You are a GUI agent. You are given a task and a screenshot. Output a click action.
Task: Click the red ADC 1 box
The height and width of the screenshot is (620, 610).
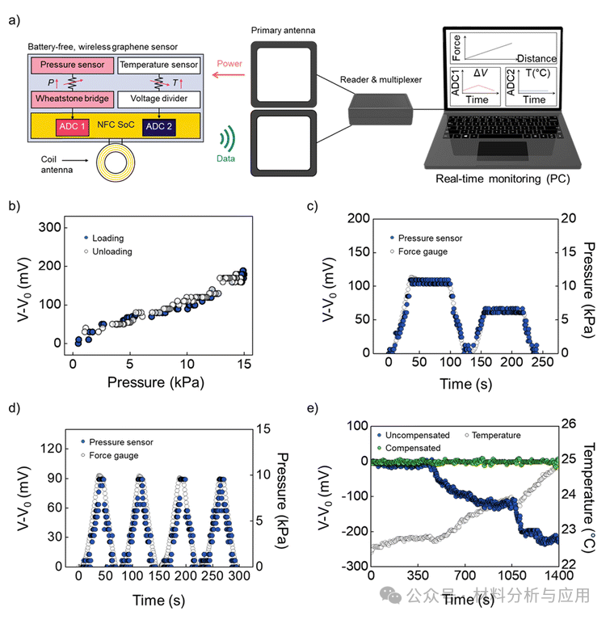[x=73, y=127]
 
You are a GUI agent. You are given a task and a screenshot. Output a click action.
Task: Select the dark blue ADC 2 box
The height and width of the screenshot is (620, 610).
[x=159, y=127]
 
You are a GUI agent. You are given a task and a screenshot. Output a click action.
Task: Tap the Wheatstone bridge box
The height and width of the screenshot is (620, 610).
[x=73, y=99]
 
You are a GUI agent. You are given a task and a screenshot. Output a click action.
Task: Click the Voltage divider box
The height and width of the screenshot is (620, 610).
[x=159, y=99]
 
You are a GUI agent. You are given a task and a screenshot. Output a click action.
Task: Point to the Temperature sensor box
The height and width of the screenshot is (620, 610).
[x=159, y=65]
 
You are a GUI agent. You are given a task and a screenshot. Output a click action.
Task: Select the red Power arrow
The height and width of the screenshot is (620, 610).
[x=228, y=74]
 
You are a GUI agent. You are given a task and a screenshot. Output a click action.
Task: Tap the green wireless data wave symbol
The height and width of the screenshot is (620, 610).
[x=229, y=139]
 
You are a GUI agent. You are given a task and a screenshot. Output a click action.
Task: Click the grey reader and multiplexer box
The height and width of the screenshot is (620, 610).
[x=381, y=110]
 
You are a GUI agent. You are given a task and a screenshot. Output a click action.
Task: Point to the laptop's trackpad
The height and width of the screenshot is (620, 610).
[x=503, y=150]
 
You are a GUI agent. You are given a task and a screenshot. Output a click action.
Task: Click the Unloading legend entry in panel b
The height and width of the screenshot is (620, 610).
[x=108, y=251]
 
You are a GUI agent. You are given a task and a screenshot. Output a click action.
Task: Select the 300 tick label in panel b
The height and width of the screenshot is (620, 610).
[x=50, y=227]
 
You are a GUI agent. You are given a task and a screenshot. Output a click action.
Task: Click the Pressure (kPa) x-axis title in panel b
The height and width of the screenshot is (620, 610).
[x=156, y=382]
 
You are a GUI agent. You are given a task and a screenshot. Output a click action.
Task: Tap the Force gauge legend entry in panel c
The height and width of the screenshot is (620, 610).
[x=419, y=251]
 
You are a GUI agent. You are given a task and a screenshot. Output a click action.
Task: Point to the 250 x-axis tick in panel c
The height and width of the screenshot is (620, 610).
[x=542, y=362]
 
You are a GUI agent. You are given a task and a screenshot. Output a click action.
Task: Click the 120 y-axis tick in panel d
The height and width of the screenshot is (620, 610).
[x=52, y=449]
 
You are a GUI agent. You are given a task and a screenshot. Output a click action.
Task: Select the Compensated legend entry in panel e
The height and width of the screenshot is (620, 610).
[x=409, y=448]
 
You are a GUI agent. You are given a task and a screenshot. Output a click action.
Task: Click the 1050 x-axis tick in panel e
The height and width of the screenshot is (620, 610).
[x=511, y=575]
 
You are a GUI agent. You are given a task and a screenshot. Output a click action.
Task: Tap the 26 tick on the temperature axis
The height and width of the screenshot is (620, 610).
[x=569, y=424]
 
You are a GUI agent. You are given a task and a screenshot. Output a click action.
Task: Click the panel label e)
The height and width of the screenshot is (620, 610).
[x=313, y=408]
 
